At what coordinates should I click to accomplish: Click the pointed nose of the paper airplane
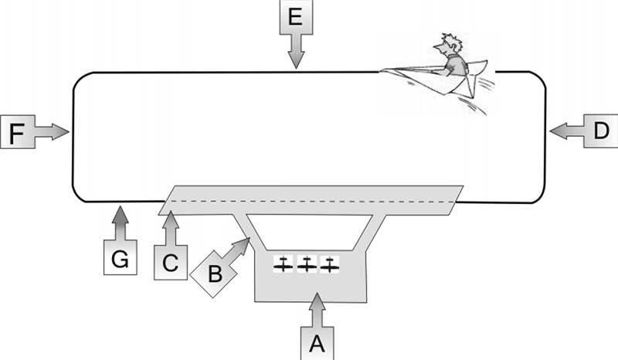pos(384,71)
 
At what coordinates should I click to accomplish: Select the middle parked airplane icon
pos(307,264)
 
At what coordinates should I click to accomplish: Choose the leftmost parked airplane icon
pos(284,264)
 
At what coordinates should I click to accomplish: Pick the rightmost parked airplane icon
pos(330,264)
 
